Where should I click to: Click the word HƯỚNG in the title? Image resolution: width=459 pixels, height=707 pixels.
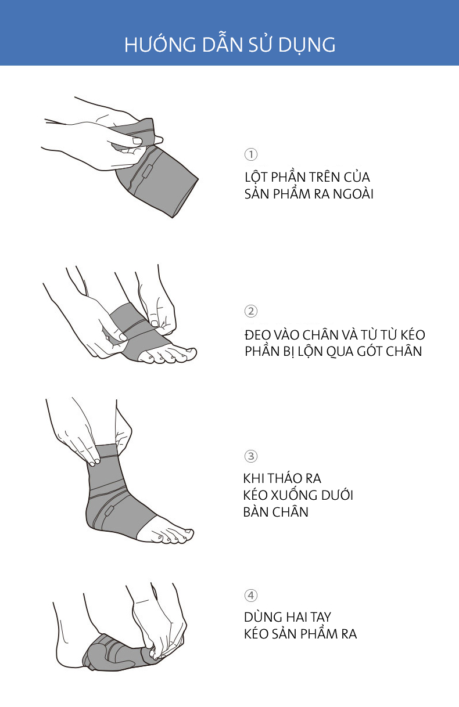(x=160, y=44)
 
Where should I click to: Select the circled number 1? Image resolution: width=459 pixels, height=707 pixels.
(x=251, y=154)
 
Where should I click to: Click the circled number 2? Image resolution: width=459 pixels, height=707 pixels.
(x=251, y=311)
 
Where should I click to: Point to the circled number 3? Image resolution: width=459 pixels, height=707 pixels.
(x=251, y=456)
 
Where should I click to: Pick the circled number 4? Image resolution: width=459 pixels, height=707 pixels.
(x=251, y=596)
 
